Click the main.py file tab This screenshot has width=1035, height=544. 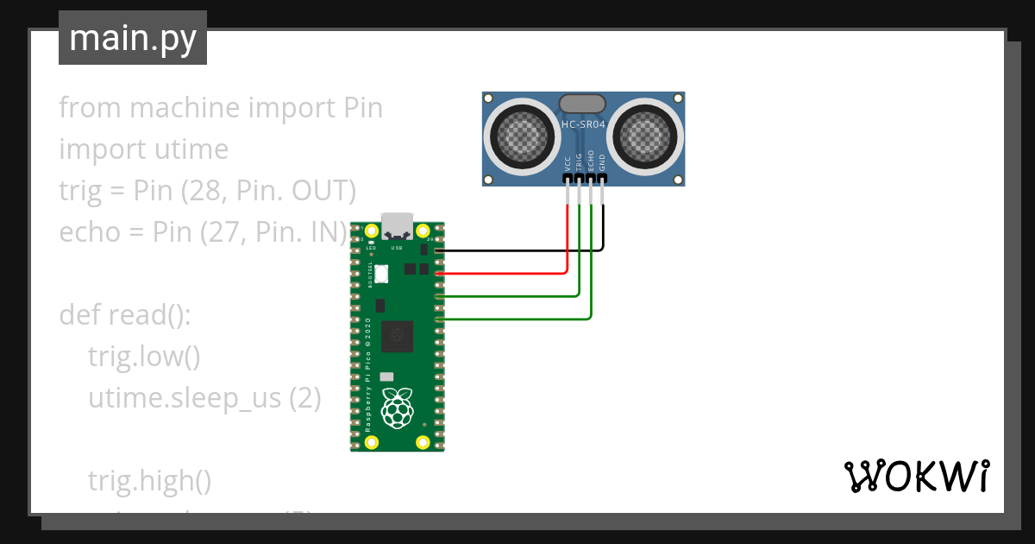point(132,38)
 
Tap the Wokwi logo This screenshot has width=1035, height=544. point(915,476)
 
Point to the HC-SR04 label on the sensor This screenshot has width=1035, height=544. point(584,124)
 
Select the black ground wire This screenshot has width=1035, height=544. point(517,250)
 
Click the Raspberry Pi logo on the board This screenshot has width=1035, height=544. point(397,408)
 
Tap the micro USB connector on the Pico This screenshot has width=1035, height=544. point(397,225)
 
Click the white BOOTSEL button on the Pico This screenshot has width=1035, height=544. point(380,273)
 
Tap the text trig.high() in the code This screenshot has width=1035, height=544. point(149,480)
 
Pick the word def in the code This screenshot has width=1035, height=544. point(80,314)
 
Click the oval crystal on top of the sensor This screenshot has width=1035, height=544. point(583,104)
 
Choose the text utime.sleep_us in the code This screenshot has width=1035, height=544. point(185,397)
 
